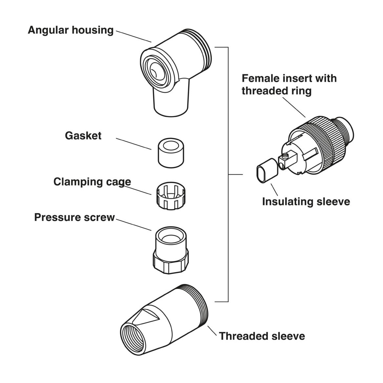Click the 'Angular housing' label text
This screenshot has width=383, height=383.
(71, 30)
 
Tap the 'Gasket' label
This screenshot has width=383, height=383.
(83, 135)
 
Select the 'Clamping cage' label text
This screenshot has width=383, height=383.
(92, 182)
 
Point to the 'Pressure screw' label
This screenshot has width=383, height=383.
(74, 217)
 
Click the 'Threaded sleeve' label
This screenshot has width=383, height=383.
(262, 336)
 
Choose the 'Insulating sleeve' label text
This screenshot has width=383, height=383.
(306, 202)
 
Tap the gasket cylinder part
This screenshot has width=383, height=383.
(171, 153)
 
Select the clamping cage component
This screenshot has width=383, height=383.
(171, 196)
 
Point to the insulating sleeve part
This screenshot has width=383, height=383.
(267, 171)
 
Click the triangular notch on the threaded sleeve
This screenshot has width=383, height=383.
(147, 316)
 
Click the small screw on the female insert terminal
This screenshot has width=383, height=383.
(285, 155)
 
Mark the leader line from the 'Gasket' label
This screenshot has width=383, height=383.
(133, 144)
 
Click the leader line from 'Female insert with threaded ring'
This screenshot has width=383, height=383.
(294, 108)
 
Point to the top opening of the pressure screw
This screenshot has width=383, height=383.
(171, 236)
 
